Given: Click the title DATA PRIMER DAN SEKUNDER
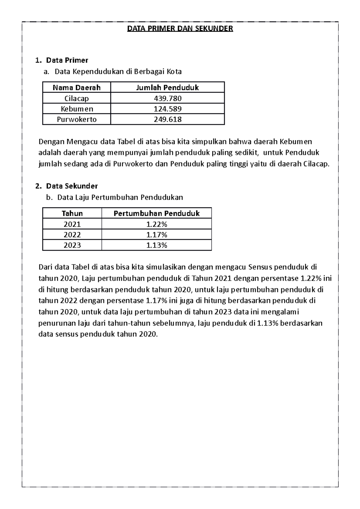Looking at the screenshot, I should (x=180, y=29).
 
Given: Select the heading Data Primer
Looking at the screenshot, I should (x=67, y=60).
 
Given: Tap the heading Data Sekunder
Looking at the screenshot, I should (x=72, y=186).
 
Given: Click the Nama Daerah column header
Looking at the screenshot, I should (x=76, y=88).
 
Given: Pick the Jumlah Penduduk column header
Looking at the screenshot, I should (x=167, y=88).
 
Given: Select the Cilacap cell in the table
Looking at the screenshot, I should (x=76, y=98).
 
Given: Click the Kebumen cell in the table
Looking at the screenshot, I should (x=76, y=109).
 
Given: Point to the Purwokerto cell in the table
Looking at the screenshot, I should (x=76, y=119).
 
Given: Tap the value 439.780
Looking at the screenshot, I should (x=167, y=98).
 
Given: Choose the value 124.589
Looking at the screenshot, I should (x=167, y=109).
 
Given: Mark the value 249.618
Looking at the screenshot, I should (x=167, y=119).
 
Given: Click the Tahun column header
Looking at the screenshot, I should (x=72, y=213).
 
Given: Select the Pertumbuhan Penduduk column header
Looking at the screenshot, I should (x=157, y=213).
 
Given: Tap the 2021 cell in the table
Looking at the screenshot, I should (x=72, y=224).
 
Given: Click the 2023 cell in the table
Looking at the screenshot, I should (x=72, y=245).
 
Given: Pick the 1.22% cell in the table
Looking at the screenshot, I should (x=157, y=224).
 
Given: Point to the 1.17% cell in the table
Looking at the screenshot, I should (x=157, y=235).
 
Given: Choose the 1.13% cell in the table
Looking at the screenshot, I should (x=157, y=245).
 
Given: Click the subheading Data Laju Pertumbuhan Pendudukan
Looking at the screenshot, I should (x=120, y=198).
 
